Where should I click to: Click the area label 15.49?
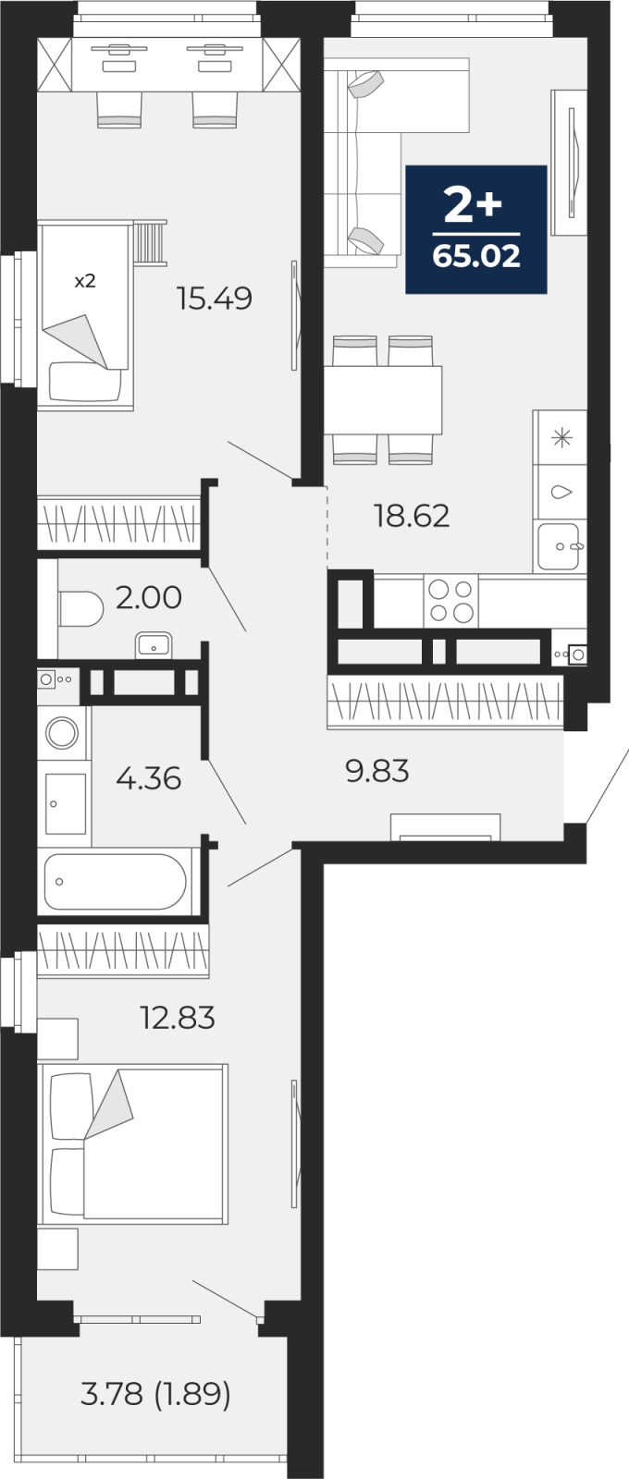click(x=215, y=299)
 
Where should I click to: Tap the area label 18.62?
click(x=412, y=516)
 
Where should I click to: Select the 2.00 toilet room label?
click(x=148, y=597)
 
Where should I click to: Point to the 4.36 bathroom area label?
click(x=148, y=778)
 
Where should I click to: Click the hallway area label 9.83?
click(x=376, y=770)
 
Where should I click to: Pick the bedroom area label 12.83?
click(x=177, y=1018)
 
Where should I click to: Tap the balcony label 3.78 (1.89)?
click(x=155, y=1393)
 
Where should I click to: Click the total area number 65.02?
click(x=476, y=256)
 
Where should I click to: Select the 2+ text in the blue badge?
click(x=473, y=205)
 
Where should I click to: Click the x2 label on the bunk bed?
click(x=84, y=281)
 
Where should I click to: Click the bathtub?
click(x=117, y=881)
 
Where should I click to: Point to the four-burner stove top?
click(x=451, y=601)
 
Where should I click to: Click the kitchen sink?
click(x=560, y=545)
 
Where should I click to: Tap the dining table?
click(x=383, y=399)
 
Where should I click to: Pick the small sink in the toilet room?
click(x=152, y=644)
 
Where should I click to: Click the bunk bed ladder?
click(x=150, y=242)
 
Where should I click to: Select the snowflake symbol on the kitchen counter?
click(x=561, y=437)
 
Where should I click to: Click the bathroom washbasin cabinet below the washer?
click(x=65, y=802)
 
